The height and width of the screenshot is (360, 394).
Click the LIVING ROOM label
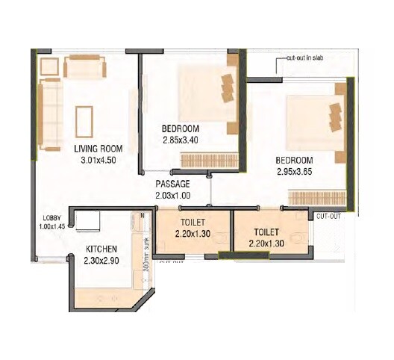(98, 148)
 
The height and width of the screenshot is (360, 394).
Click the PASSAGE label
(172, 184)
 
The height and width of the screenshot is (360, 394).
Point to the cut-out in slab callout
(305, 57)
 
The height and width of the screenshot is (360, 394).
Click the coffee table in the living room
(84, 120)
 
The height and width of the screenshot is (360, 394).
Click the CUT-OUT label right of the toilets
(328, 216)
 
